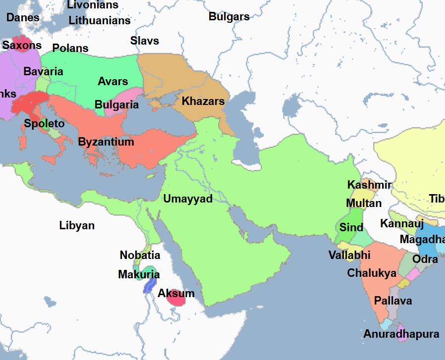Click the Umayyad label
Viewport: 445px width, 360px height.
[x=188, y=199]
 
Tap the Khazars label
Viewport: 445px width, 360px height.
[x=203, y=102]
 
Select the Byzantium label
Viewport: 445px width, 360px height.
[x=106, y=142]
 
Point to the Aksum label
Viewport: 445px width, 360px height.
[x=176, y=294]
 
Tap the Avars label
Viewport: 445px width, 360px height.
[x=113, y=81]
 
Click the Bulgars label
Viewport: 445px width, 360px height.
[x=229, y=16]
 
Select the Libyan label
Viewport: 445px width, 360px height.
[x=77, y=226]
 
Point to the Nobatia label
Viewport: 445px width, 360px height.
[x=140, y=256]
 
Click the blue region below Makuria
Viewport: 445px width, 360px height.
[x=150, y=286]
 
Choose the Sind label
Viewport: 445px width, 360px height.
[x=351, y=227]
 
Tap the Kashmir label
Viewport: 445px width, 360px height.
[x=369, y=185]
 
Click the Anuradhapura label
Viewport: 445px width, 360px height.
[x=401, y=334]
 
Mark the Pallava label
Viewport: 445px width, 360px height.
[x=393, y=301]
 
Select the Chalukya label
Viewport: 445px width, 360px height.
[x=372, y=273]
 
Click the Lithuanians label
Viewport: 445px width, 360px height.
[x=100, y=20]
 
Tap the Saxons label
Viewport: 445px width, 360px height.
[x=22, y=46]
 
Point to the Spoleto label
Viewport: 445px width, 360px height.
[x=45, y=124]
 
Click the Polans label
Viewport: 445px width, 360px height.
[x=70, y=48]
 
